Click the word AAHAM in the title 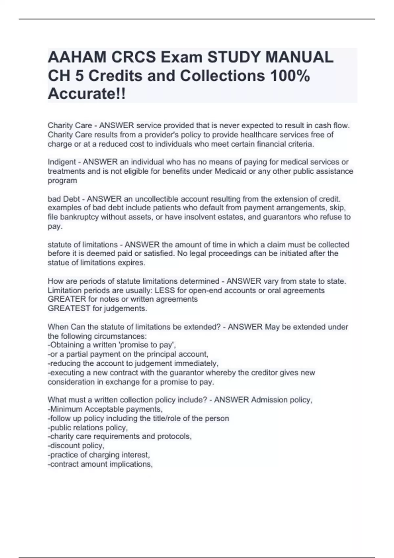[77, 58]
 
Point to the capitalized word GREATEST [69, 309]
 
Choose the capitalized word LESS [165, 290]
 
